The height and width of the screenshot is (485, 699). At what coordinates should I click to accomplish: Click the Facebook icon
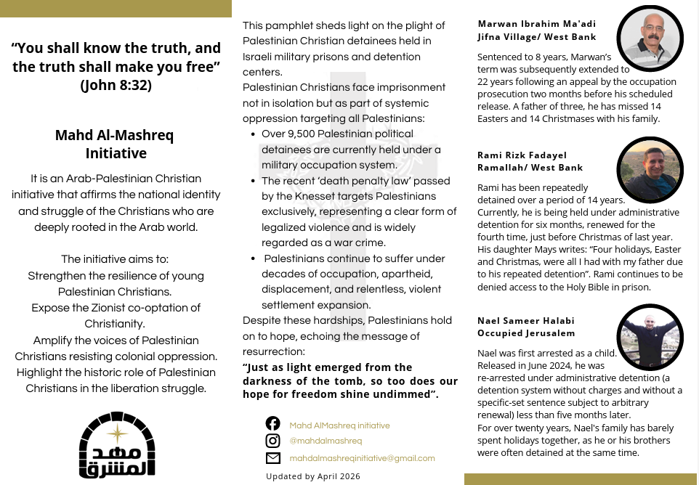click(x=273, y=423)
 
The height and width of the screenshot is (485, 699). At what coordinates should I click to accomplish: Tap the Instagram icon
click(x=273, y=441)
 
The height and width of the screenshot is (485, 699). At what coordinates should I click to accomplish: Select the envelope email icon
click(x=273, y=458)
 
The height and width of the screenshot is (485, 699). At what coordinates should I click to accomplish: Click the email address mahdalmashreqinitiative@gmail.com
click(x=362, y=458)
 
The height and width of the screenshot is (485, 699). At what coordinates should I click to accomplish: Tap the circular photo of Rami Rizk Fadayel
click(x=650, y=170)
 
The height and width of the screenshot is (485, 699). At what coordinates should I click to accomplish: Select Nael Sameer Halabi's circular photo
click(x=650, y=337)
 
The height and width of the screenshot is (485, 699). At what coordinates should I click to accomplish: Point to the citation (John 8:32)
click(x=116, y=86)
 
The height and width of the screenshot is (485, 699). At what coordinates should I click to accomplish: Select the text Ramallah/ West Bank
click(x=530, y=168)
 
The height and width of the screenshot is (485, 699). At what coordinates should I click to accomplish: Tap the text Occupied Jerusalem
click(x=526, y=333)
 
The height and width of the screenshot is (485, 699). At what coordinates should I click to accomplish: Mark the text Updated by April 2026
click(x=313, y=476)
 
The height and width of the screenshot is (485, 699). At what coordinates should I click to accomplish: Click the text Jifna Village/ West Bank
click(x=536, y=36)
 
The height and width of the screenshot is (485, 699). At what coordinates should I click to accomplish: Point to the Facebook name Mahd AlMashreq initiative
click(x=339, y=425)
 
